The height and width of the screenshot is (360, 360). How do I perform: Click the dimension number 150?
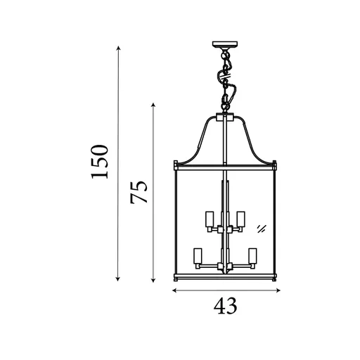click(102, 162)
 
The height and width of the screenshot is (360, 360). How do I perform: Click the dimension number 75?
click(141, 192)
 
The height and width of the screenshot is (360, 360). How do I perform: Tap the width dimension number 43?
click(225, 307)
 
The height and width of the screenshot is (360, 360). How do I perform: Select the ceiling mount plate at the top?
click(226, 48)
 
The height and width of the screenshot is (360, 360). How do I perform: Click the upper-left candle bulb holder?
click(209, 219)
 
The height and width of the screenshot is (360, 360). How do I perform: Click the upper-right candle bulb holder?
click(240, 219)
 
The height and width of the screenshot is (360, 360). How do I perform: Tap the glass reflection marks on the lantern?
click(261, 227)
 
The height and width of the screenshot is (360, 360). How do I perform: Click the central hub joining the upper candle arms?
click(225, 230)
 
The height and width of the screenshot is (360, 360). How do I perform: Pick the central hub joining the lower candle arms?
click(225, 266)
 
